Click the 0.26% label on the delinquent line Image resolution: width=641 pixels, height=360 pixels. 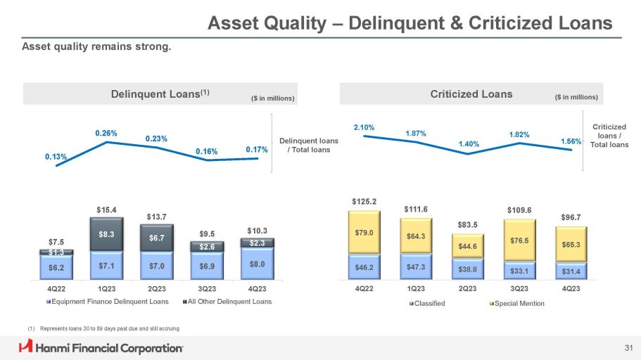[x=106, y=133]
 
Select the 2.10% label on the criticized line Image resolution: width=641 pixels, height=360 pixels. [x=364, y=127]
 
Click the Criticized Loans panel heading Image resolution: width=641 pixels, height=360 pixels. [x=471, y=94]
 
